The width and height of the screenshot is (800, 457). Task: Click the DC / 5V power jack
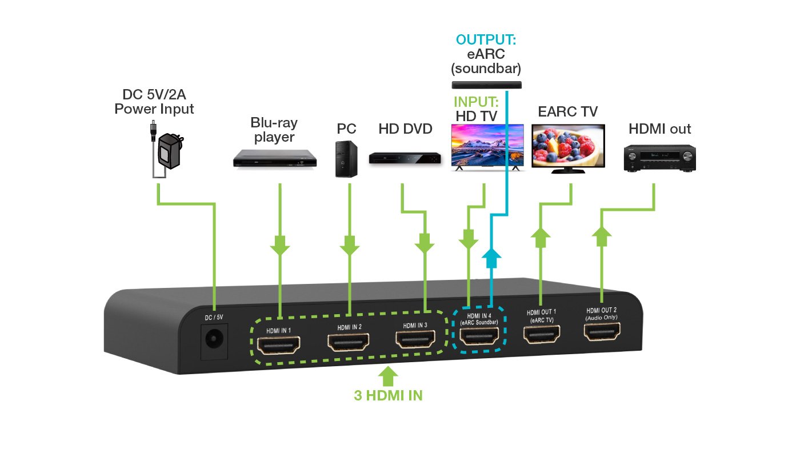pos(215,341)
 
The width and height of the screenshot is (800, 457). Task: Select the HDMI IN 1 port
pos(279,344)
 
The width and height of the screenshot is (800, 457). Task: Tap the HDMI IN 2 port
pos(349,342)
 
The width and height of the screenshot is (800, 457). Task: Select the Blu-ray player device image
pos(275,158)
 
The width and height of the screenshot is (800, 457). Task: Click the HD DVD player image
pos(405,158)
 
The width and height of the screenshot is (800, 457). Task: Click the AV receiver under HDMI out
pos(659,158)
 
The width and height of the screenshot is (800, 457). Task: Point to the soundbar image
pos(486,85)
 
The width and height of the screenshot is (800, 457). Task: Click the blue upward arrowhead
pos(491,259)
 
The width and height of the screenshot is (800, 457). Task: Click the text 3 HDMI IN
pos(388,395)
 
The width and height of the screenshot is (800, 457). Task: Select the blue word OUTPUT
pos(486,40)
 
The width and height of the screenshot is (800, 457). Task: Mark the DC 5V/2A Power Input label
pos(154,101)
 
